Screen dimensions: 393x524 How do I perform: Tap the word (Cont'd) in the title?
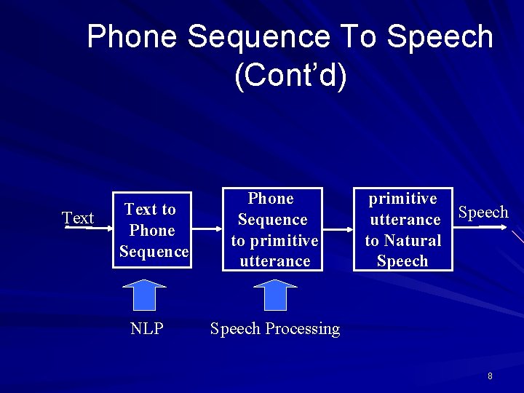[290, 76]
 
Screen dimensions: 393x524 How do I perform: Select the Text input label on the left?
[78, 218]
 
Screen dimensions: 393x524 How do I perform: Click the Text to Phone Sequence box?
[151, 231]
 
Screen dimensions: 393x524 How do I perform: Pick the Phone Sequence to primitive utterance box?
[274, 230]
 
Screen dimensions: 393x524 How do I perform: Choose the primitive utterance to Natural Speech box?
[402, 230]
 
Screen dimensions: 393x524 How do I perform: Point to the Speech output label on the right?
[483, 213]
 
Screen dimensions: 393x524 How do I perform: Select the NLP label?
[146, 329]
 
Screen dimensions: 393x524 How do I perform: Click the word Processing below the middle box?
[302, 329]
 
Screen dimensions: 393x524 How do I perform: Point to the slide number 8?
[490, 376]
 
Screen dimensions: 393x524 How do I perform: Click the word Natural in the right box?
[413, 241]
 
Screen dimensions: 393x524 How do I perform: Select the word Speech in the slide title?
[440, 36]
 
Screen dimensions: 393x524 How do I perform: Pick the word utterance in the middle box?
[274, 261]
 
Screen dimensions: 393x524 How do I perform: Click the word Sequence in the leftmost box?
[153, 252]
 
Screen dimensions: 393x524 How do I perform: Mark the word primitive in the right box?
[402, 199]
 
